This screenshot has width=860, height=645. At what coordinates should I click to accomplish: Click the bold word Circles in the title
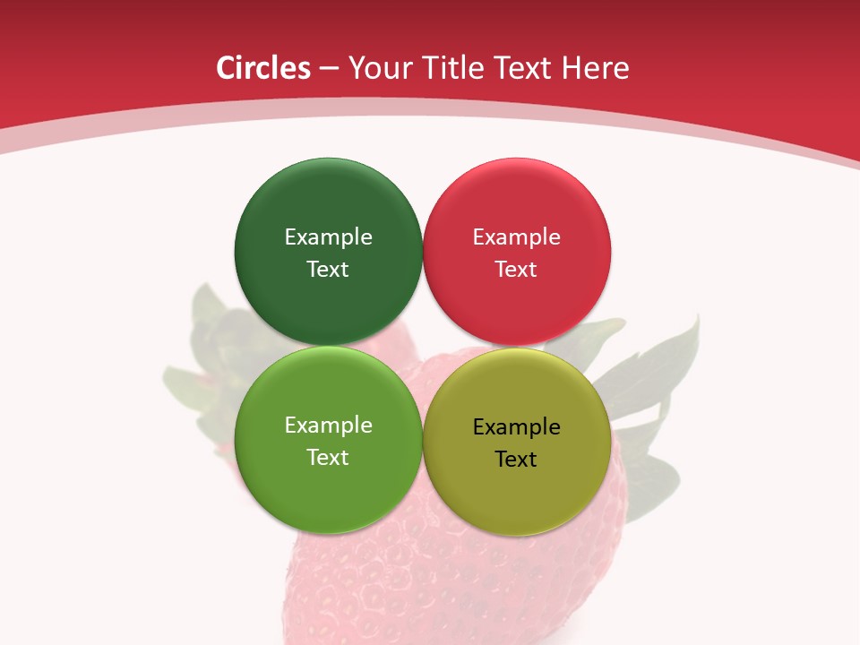tap(263, 68)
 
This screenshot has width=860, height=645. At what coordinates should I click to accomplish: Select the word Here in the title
tap(594, 68)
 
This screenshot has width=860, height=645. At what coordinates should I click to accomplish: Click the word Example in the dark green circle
tap(328, 236)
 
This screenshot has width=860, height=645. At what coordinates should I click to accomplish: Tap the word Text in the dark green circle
tap(328, 269)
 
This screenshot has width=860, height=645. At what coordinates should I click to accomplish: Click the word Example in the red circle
tap(517, 236)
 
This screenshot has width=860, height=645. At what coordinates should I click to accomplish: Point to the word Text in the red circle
tap(517, 269)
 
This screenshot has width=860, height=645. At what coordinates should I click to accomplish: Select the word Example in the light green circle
tap(328, 425)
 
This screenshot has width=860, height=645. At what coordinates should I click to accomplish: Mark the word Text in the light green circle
tap(328, 457)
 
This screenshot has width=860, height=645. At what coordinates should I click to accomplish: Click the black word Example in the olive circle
tap(517, 426)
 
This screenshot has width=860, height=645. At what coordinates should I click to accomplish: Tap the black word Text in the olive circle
tap(517, 459)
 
